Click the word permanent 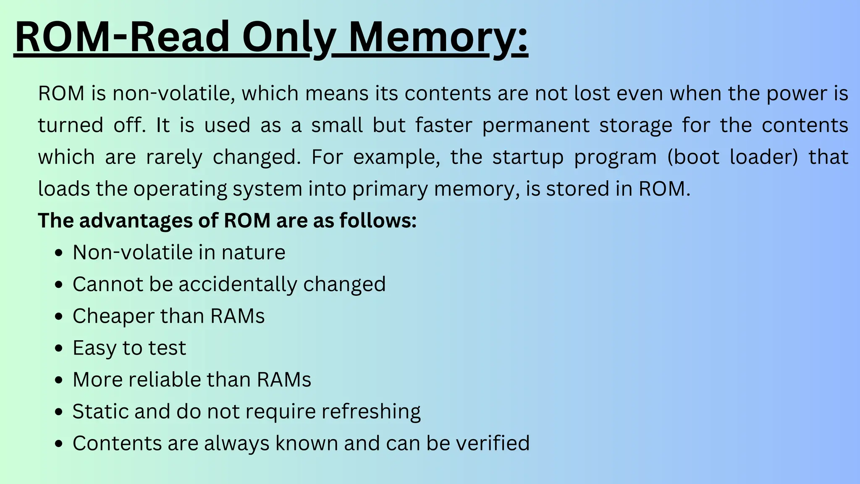(x=536, y=126)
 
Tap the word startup (x=528, y=158)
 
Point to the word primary (x=390, y=189)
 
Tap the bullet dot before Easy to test (x=59, y=348)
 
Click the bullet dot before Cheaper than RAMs (x=59, y=316)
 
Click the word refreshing (x=371, y=411)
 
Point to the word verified (x=493, y=443)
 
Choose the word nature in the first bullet (x=254, y=253)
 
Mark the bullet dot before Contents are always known (x=59, y=444)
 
